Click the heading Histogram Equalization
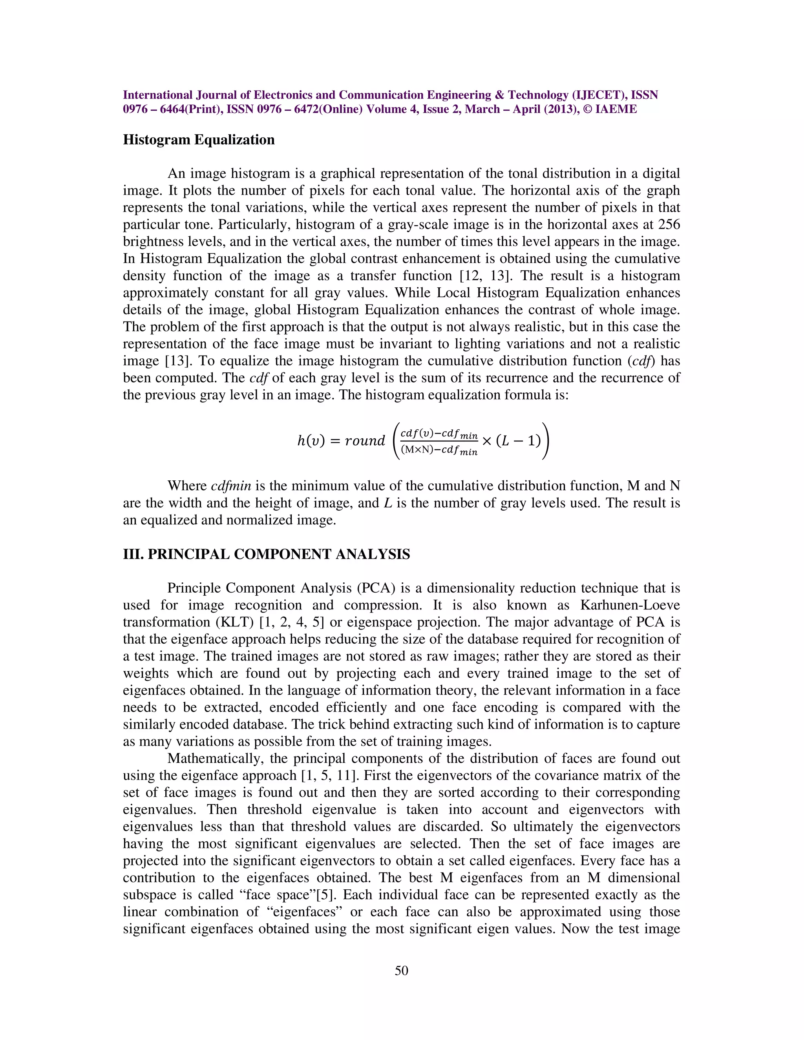click(x=199, y=140)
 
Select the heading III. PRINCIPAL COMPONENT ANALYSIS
click(x=266, y=554)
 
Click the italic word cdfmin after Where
click(x=231, y=486)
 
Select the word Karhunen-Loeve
click(x=630, y=605)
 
